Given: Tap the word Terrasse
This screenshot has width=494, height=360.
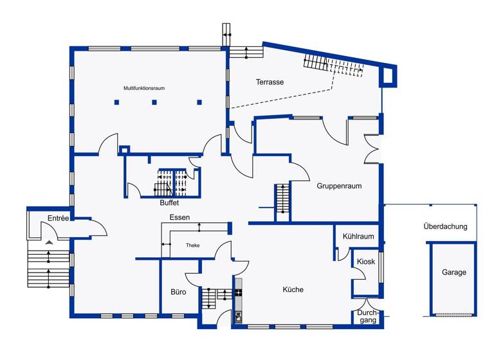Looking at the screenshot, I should [270, 82].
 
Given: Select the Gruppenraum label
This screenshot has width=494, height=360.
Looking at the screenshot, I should [338, 186].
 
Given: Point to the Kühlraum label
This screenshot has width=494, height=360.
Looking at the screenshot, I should [358, 236].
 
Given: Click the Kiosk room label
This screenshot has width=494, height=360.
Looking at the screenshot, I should [366, 262].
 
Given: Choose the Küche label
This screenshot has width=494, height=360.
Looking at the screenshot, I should [293, 289].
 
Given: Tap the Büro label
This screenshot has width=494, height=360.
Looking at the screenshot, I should [179, 292].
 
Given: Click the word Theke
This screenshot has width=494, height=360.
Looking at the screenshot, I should [193, 246].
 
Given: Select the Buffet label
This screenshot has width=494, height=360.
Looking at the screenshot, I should [170, 203].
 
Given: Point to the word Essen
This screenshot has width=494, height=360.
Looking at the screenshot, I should [179, 218].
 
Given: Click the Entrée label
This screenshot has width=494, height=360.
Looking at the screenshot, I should [58, 219].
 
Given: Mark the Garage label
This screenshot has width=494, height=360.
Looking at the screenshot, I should [453, 273].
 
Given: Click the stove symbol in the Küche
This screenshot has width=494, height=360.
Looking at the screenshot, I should [238, 293].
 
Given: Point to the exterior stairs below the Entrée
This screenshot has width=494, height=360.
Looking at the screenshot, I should [48, 267].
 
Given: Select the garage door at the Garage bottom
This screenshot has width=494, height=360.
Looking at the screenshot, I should [453, 314].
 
